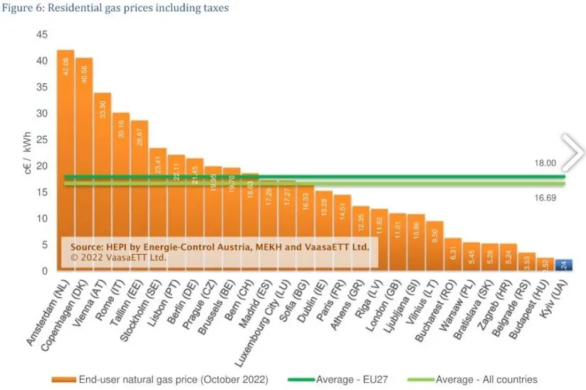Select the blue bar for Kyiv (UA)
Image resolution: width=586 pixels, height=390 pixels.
click(x=563, y=265)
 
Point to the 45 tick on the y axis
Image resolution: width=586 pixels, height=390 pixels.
click(x=42, y=35)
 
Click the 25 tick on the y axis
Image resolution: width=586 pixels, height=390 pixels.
click(x=42, y=139)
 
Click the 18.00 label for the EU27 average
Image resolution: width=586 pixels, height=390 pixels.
click(x=545, y=163)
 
